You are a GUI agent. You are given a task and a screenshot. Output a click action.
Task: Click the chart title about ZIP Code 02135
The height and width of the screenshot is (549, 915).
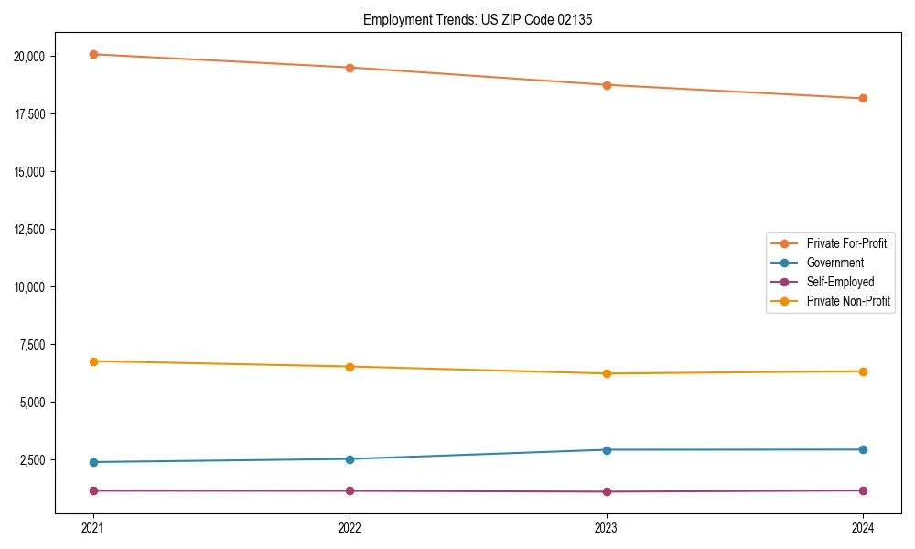pyautogui.click(x=478, y=19)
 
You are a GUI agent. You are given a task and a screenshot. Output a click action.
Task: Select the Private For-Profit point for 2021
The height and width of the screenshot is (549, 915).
pyautogui.click(x=92, y=54)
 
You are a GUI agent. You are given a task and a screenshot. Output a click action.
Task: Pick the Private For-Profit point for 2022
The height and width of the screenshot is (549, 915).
pyautogui.click(x=350, y=68)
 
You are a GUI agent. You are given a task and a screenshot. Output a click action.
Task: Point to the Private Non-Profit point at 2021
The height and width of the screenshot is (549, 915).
pyautogui.click(x=92, y=361)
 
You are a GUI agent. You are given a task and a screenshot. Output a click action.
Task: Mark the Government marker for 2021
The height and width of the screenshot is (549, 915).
pyautogui.click(x=92, y=462)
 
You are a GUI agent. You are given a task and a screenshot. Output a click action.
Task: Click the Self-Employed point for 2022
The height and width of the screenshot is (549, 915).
pyautogui.click(x=350, y=490)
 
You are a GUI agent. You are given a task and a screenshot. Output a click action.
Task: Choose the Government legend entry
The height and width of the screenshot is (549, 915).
pyautogui.click(x=834, y=263)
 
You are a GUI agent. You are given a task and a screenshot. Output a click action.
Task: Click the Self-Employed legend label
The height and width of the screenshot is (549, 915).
pyautogui.click(x=840, y=282)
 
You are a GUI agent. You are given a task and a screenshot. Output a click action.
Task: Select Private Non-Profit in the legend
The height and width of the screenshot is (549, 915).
pyautogui.click(x=848, y=301)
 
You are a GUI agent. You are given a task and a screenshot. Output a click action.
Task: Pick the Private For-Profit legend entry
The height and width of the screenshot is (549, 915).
pyautogui.click(x=846, y=243)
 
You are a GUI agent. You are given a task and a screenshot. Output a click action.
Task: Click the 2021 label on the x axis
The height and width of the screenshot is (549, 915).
pyautogui.click(x=92, y=528)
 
